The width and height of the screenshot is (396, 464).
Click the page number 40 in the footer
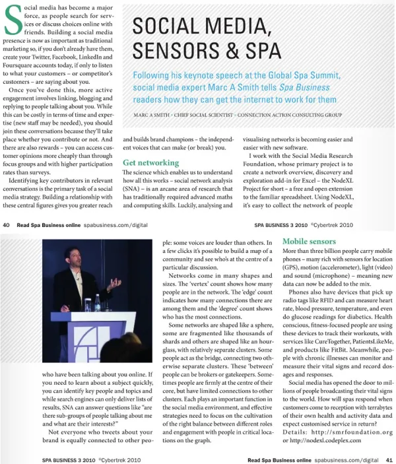(x=6, y=225)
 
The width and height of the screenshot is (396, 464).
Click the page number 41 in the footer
(x=389, y=459)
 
